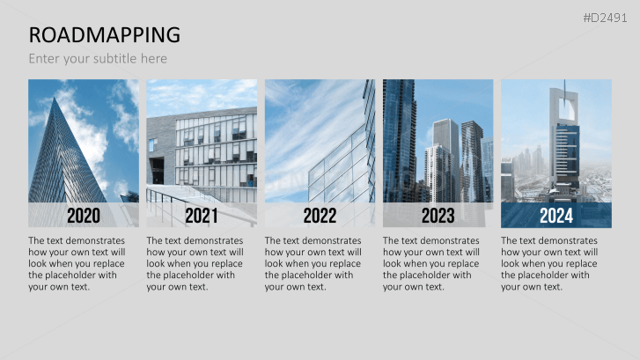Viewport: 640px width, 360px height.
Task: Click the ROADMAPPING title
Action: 105,35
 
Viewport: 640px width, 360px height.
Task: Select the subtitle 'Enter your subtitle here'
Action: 98,59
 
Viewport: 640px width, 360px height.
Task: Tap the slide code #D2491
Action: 607,18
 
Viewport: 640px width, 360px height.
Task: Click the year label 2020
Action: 84,216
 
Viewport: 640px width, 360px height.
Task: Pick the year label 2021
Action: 202,216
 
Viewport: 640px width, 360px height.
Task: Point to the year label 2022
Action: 320,216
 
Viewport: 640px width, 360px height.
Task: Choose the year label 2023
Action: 438,216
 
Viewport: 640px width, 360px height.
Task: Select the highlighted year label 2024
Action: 555,216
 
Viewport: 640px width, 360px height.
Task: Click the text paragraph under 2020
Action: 77,263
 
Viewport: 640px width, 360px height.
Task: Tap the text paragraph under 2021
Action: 195,263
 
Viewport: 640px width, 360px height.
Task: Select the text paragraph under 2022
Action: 313,263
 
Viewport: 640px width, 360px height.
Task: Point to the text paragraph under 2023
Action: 431,263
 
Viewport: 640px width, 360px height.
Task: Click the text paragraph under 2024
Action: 549,263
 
